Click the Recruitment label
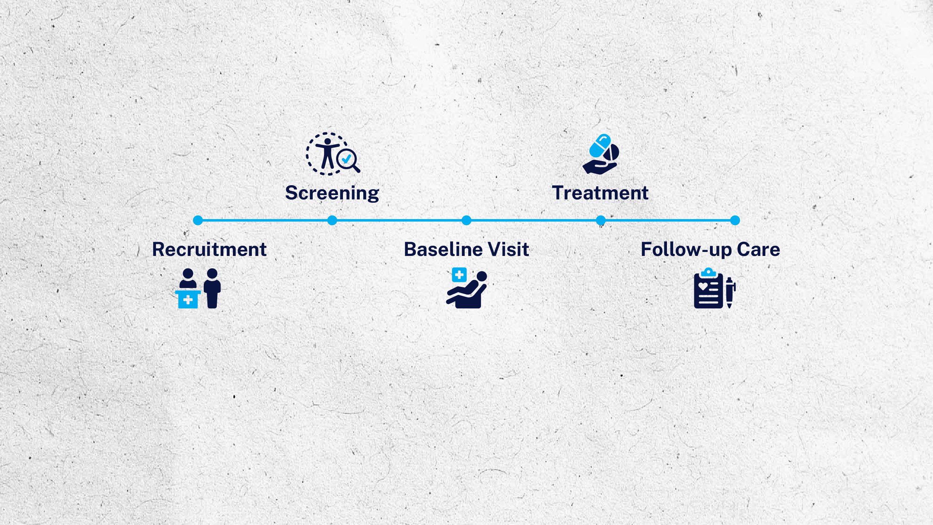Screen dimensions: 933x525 tap(209, 250)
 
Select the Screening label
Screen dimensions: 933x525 tap(332, 193)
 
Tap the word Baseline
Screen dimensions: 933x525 tap(443, 250)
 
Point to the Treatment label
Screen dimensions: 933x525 tap(600, 193)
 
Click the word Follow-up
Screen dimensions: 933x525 tap(687, 250)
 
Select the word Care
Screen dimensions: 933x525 tap(758, 250)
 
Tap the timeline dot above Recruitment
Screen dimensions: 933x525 tap(198, 220)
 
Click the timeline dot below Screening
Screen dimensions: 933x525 tap(332, 220)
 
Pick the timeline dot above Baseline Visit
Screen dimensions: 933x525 tap(466, 220)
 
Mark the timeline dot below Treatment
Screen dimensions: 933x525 tap(601, 220)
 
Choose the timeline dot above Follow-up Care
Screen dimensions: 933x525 tap(735, 220)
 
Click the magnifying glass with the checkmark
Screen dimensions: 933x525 tap(347, 160)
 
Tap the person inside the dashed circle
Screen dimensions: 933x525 tap(327, 153)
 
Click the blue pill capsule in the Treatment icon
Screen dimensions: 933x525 tap(600, 145)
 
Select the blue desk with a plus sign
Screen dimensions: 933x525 tap(188, 299)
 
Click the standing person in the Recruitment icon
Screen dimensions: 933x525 tap(212, 288)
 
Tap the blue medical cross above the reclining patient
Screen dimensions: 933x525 tap(459, 275)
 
